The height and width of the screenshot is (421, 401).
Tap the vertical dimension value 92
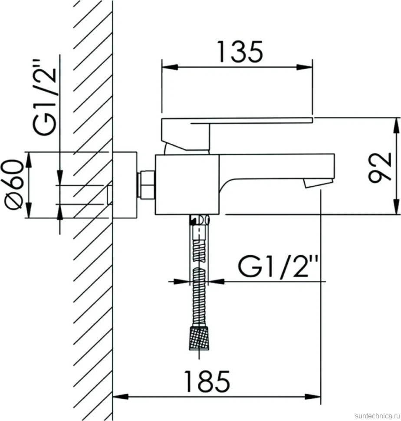pos(380,168)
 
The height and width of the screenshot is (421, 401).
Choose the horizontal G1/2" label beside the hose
pos(278,266)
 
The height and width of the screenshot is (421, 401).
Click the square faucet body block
pos(187,185)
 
